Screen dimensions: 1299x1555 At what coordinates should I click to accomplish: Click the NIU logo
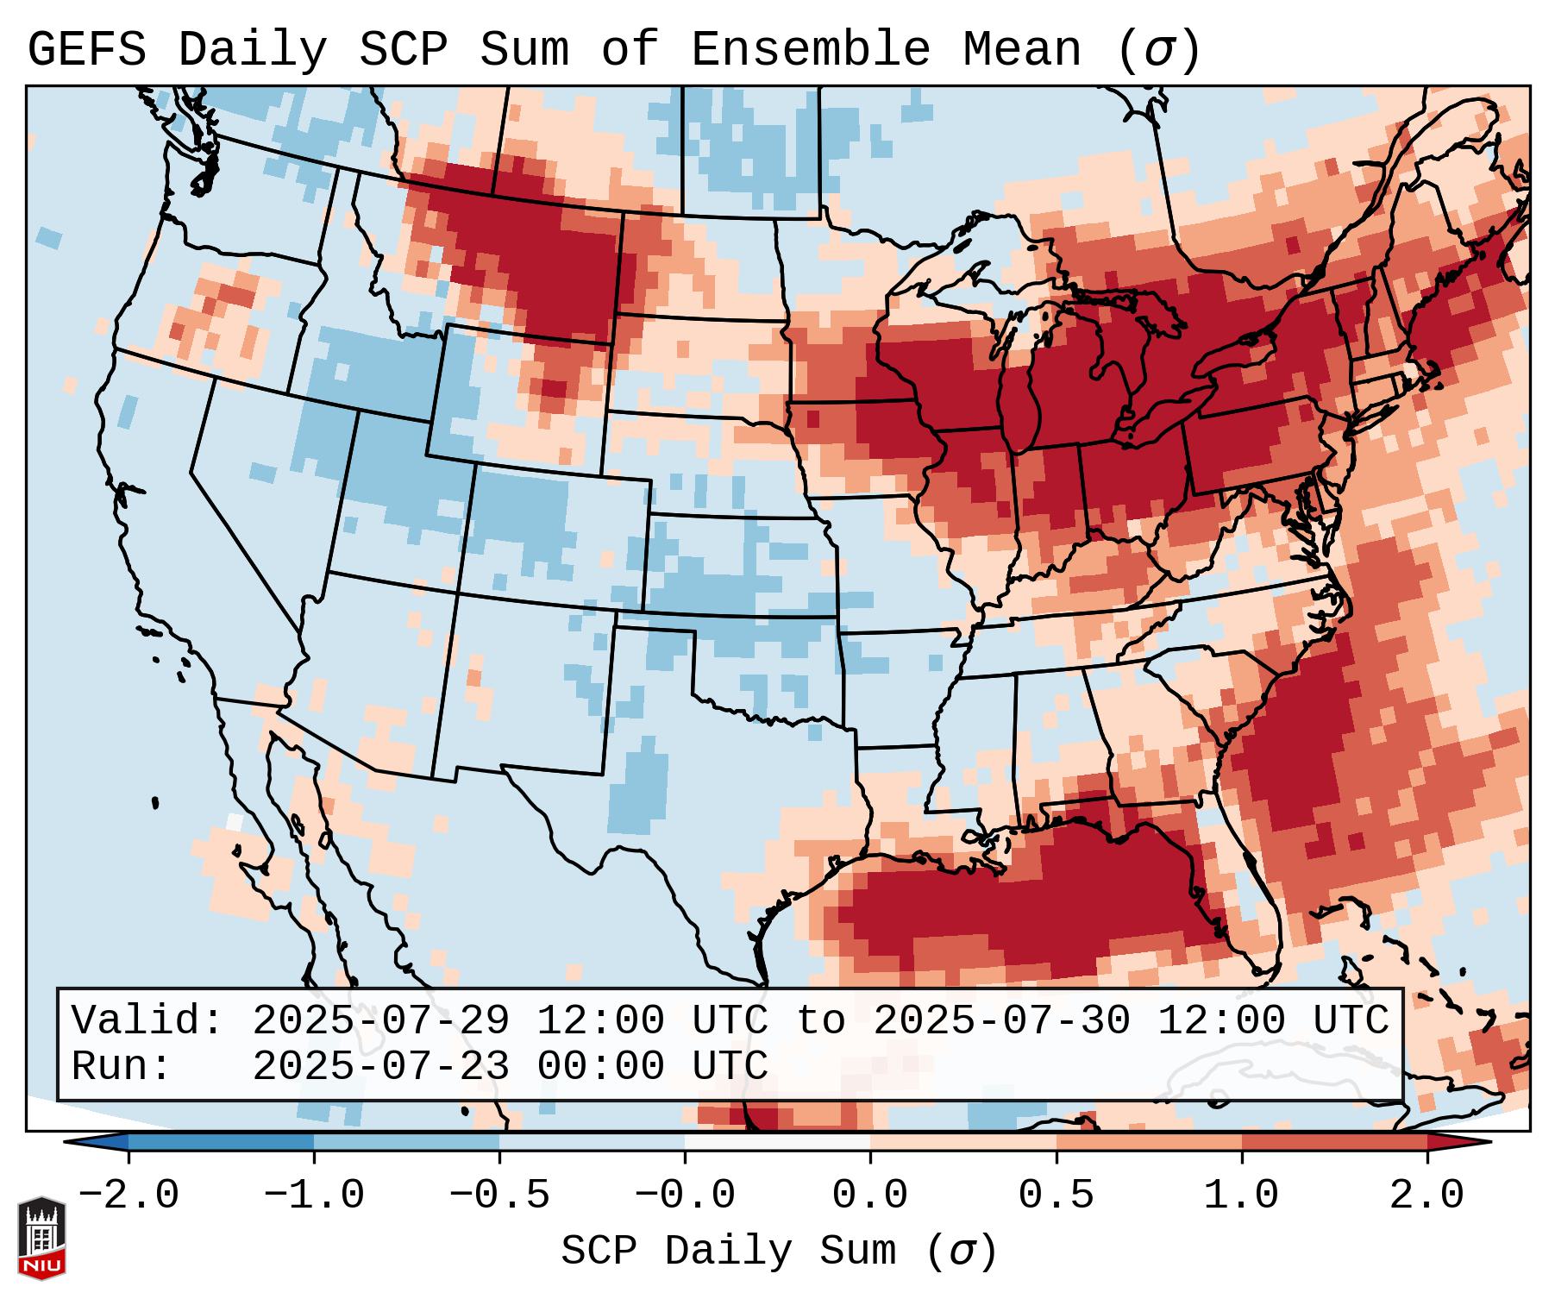(x=41, y=1238)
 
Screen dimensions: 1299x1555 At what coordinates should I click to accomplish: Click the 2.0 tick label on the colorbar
(x=1426, y=1195)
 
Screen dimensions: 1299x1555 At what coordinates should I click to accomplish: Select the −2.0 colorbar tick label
(x=129, y=1195)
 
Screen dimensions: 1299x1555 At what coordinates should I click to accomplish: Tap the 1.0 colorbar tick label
(x=1241, y=1195)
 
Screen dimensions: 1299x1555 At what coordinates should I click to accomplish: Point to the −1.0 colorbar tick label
(x=314, y=1195)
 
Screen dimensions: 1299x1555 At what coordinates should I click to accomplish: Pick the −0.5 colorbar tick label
(x=499, y=1195)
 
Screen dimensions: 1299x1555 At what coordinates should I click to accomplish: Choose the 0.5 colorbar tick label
(x=1056, y=1195)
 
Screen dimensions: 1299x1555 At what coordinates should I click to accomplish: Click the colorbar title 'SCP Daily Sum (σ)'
(x=779, y=1252)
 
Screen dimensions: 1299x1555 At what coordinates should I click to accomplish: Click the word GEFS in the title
(x=87, y=49)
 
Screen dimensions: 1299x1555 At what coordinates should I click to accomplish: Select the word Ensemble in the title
(x=811, y=49)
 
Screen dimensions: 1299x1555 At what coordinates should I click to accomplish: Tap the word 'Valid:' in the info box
(x=147, y=1021)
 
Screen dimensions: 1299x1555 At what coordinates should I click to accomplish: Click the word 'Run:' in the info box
(x=122, y=1067)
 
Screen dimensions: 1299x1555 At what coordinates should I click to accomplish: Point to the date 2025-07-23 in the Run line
(x=380, y=1067)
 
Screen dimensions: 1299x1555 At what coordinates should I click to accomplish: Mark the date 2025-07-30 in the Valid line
(x=1001, y=1021)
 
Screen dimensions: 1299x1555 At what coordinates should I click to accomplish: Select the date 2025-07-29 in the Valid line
(x=380, y=1021)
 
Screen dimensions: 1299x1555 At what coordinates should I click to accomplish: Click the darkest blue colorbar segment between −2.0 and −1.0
(x=221, y=1142)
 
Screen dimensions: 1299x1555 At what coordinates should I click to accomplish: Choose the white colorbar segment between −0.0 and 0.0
(x=777, y=1142)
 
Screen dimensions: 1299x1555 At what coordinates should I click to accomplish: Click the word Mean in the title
(x=1022, y=49)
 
